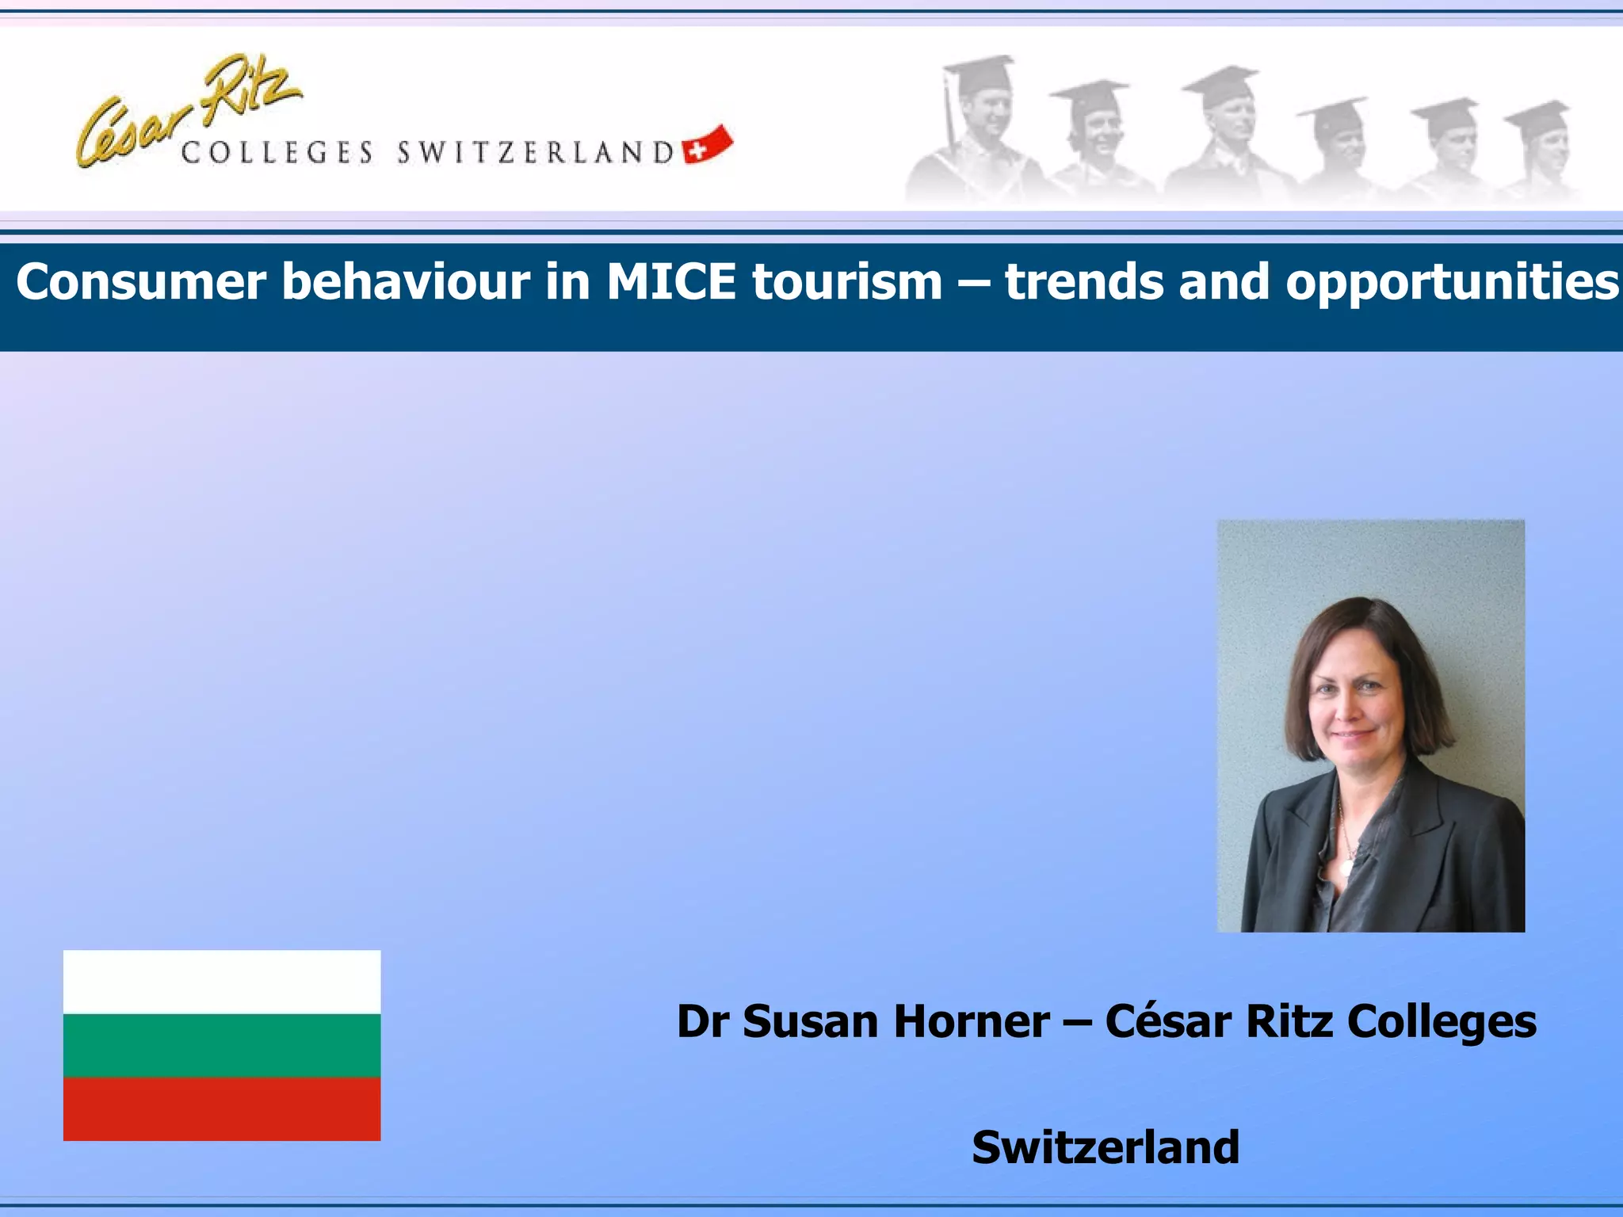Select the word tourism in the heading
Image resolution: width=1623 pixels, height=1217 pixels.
[x=847, y=282]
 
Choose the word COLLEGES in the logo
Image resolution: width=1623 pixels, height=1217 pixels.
[x=277, y=152]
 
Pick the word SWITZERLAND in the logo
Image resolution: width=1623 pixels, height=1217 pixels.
[x=536, y=152]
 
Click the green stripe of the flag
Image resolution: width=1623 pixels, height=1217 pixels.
[x=222, y=1045]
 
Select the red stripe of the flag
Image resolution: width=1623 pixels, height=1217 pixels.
[x=222, y=1108]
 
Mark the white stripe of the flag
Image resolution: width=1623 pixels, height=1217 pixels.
[x=222, y=982]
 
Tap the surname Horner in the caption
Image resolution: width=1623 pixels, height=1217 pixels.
[x=972, y=1021]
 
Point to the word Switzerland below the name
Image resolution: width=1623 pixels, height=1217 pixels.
[x=1106, y=1147]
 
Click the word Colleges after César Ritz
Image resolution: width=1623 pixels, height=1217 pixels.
[x=1442, y=1023]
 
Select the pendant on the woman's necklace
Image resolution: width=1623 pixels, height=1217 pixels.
[x=1346, y=868]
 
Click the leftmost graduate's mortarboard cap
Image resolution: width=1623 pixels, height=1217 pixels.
[x=979, y=73]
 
